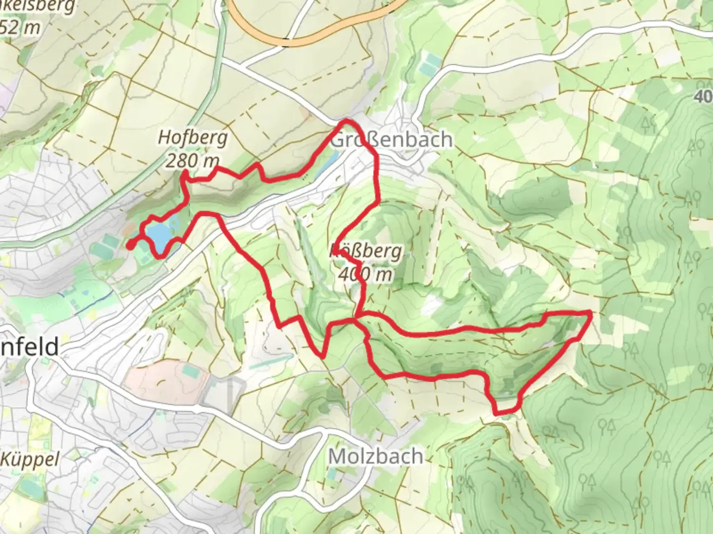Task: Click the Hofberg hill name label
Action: click(193, 138)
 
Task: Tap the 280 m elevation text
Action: click(193, 160)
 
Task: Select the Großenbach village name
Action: click(391, 140)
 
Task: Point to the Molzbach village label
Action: click(376, 456)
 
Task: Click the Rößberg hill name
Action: click(366, 252)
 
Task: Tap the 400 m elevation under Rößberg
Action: click(366, 274)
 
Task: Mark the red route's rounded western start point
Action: click(130, 244)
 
